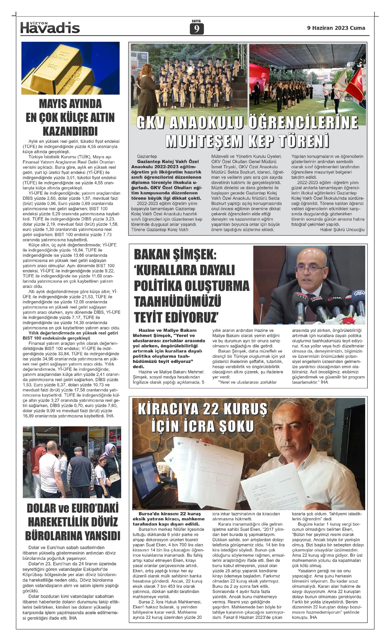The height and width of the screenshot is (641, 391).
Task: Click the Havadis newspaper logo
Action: tap(50, 28)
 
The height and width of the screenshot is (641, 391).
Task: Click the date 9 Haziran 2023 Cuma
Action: tap(336, 28)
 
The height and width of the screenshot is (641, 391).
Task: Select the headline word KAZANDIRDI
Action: tap(70, 131)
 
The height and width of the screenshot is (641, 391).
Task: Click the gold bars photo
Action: tap(70, 68)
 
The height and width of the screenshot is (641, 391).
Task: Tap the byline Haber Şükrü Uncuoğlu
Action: tap(342, 230)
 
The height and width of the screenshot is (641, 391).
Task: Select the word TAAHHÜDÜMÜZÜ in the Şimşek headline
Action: tap(178, 301)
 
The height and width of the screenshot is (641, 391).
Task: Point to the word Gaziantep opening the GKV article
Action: tap(147, 157)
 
